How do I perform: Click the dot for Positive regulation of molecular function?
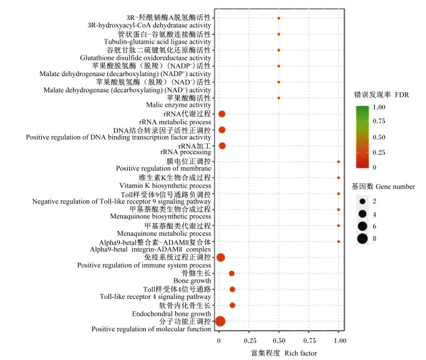click(220, 321)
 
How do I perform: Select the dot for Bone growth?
click(231, 273)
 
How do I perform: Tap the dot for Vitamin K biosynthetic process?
click(339, 178)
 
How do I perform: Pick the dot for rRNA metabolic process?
click(221, 114)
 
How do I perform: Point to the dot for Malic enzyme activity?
click(279, 98)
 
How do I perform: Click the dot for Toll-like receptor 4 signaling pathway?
click(232, 289)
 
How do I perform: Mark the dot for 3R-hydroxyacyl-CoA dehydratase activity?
click(279, 18)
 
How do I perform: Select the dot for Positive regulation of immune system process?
click(220, 257)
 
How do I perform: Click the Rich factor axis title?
click(283, 354)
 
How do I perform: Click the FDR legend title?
click(381, 95)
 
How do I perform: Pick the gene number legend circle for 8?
click(362, 238)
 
